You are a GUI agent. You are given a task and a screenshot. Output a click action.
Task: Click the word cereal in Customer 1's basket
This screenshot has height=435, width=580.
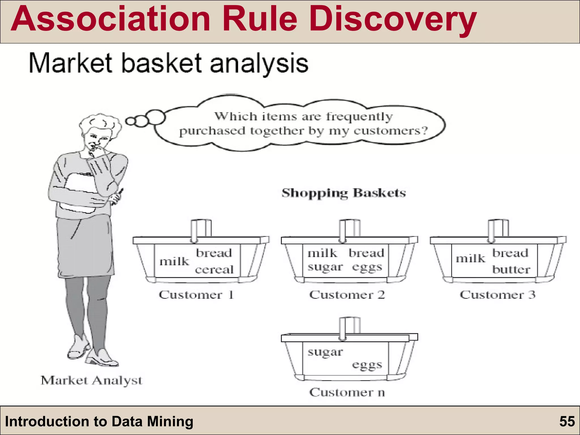214,270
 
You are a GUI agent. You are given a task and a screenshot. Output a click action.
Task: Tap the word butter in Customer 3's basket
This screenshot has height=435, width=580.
511,269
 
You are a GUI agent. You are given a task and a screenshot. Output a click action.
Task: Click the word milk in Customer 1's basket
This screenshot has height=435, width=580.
174,261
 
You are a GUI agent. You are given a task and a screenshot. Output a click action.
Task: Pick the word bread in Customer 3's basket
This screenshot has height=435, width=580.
510,253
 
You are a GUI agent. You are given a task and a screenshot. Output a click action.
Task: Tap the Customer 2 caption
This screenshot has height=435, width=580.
347,295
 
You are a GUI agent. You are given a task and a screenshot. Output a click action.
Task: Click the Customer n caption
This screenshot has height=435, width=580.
347,393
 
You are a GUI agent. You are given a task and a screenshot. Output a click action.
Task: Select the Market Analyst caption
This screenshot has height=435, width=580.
91,380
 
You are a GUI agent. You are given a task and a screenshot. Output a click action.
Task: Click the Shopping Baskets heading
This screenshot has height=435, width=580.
344,193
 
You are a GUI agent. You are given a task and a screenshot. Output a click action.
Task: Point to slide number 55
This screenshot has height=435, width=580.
567,421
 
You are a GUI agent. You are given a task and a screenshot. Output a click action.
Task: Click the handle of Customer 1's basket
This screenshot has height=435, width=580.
201,229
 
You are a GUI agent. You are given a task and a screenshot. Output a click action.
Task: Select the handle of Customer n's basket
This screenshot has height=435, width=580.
349,327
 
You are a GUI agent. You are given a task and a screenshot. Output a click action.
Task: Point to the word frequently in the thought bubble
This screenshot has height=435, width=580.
359,116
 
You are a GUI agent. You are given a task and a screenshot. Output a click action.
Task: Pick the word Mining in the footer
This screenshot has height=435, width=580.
170,421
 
